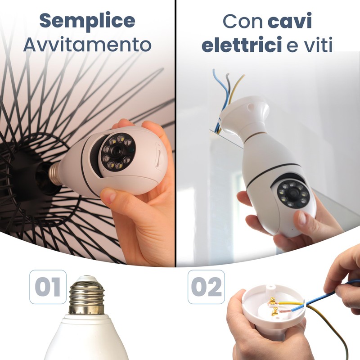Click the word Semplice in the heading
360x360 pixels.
87,21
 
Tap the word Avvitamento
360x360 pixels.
87,45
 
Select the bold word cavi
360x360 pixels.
290,21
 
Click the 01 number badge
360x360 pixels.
48,287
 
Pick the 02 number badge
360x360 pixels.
206,287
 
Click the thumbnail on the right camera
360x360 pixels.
303,219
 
